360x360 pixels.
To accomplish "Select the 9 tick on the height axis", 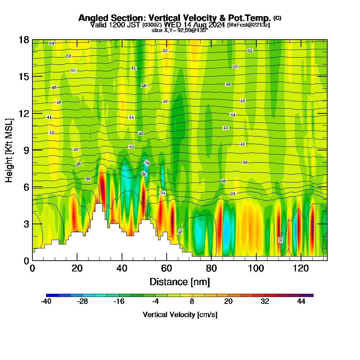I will click(x=26, y=150).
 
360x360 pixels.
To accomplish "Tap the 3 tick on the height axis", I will click(x=26, y=224).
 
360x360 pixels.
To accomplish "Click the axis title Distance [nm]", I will click(x=180, y=281).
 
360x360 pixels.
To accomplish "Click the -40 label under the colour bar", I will click(x=46, y=302).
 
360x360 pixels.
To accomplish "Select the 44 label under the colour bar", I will click(x=301, y=302).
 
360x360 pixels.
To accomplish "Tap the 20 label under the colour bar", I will click(x=228, y=302).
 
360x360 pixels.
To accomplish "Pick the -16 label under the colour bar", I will click(x=119, y=302).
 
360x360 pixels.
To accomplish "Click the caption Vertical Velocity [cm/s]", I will click(x=180, y=315).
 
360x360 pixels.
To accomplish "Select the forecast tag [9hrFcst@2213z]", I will click(x=248, y=25).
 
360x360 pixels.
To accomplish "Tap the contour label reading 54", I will click(x=51, y=43).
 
